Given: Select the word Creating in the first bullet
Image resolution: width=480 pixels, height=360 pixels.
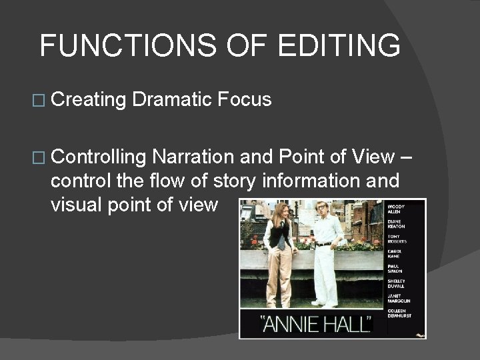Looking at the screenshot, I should click(x=88, y=100).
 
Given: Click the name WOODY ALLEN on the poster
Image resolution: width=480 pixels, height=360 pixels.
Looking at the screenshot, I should click(x=397, y=209).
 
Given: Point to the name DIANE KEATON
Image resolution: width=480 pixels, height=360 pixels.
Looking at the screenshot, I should click(x=397, y=223).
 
